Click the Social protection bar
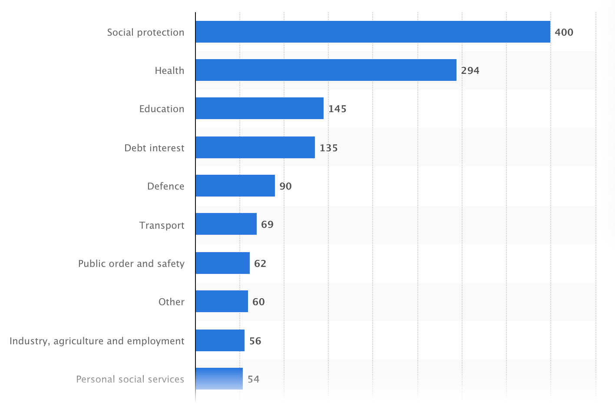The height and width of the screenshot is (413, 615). click(x=373, y=32)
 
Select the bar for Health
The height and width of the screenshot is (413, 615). click(x=326, y=70)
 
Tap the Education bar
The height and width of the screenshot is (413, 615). click(x=259, y=108)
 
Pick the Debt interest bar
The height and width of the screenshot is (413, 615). click(x=255, y=147)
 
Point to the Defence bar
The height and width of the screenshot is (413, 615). click(x=235, y=186)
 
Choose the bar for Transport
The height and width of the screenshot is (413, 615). click(x=226, y=224)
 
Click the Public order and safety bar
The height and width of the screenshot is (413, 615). click(x=223, y=263)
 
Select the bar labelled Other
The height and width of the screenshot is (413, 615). click(x=222, y=301)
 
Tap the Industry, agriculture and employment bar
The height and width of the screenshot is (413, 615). click(x=220, y=340)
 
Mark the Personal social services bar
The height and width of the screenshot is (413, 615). click(x=219, y=379)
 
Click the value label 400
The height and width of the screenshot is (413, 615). click(x=564, y=33)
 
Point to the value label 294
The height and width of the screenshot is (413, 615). click(x=470, y=70)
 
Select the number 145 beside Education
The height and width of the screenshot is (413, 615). click(x=337, y=109)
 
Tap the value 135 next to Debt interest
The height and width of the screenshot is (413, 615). click(x=329, y=148)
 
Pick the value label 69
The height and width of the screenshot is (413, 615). click(x=267, y=224)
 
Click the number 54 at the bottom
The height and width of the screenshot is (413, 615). click(x=253, y=379)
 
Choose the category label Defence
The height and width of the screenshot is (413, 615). click(x=165, y=187)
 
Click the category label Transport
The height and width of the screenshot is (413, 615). click(x=162, y=225)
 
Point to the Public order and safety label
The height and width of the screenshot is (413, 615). click(x=131, y=263)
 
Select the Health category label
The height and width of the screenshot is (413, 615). click(x=169, y=70)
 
